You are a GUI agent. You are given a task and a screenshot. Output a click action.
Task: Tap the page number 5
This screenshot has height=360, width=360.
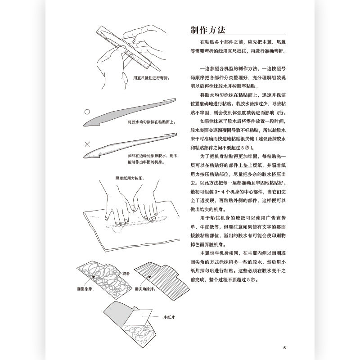click(285, 347)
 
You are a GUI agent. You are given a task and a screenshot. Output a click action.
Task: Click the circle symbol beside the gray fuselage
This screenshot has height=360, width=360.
click(88, 111)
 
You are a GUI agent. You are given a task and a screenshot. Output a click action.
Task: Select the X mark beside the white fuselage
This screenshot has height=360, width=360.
click(88, 144)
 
